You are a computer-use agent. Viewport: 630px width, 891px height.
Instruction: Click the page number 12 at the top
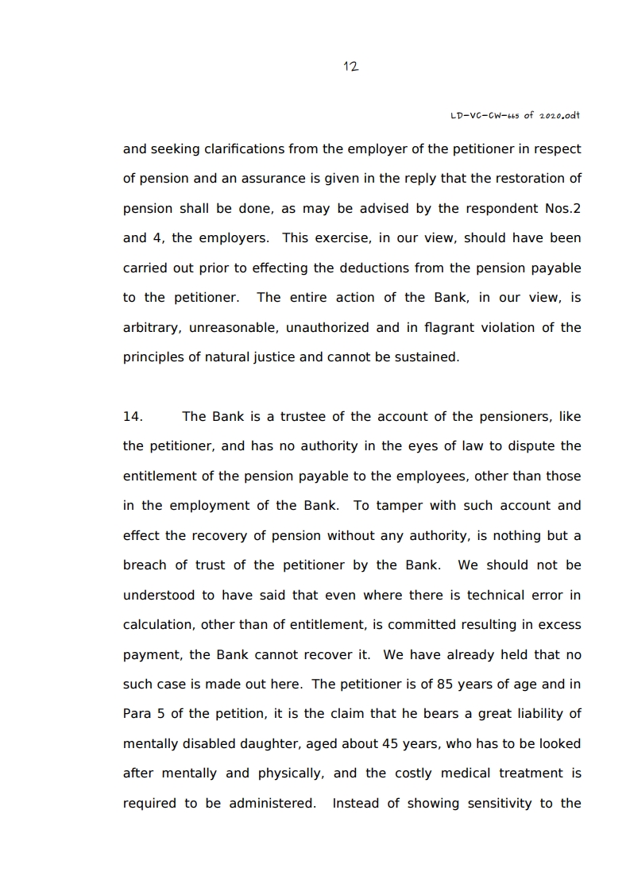pyautogui.click(x=350, y=67)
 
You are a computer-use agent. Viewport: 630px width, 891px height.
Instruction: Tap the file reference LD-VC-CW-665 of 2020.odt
pyautogui.click(x=516, y=115)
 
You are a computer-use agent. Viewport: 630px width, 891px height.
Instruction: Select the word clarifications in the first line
pyautogui.click(x=245, y=148)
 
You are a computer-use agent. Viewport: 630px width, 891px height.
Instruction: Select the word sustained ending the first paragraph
pyautogui.click(x=428, y=357)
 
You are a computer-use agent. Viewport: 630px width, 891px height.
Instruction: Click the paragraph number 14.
pyautogui.click(x=133, y=416)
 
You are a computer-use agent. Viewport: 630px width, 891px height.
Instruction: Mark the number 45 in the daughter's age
pyautogui.click(x=377, y=743)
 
